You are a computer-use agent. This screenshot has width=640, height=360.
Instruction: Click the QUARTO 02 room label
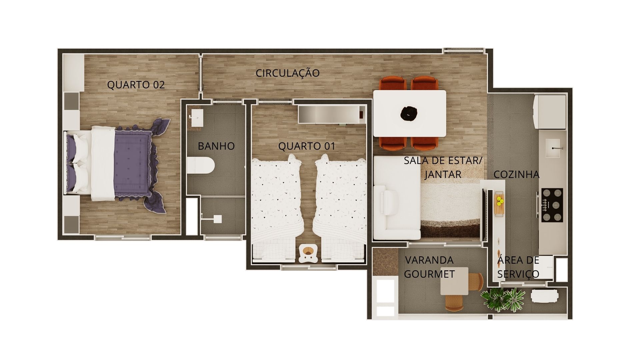(x=136, y=85)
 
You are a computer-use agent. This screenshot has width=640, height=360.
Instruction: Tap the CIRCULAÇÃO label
(x=288, y=73)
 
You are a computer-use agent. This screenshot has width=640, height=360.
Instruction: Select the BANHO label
(x=216, y=146)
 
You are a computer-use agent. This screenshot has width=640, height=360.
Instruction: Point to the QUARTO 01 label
(x=307, y=146)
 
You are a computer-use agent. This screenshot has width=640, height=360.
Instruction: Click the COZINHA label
(x=516, y=174)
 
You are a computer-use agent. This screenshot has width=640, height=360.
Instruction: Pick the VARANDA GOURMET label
(x=429, y=267)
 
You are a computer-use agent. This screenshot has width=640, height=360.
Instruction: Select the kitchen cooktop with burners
(x=552, y=205)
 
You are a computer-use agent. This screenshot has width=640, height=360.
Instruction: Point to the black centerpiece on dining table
(x=409, y=114)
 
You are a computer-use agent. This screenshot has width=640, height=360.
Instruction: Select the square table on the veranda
(x=454, y=281)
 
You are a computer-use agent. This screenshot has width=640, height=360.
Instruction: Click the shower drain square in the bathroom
(x=217, y=219)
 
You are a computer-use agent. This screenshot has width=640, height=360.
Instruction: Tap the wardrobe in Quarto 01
(x=332, y=114)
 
